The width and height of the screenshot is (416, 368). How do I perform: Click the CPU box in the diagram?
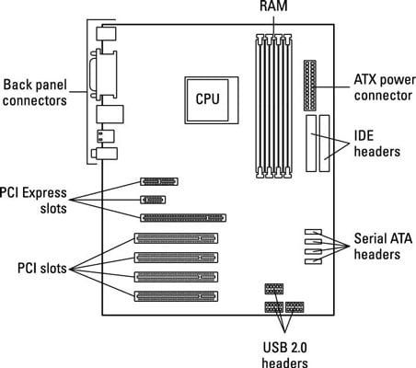212,100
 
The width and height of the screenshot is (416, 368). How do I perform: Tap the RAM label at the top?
273,6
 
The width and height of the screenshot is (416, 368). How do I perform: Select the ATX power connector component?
310,86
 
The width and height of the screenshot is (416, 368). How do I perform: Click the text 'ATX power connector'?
385,87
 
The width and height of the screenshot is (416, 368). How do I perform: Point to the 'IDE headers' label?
377,144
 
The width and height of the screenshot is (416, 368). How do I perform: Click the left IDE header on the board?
311,144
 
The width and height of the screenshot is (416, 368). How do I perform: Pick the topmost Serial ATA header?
313,232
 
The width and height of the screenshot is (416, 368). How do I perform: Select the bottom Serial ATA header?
313,261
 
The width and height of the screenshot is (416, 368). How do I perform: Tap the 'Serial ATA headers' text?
383,247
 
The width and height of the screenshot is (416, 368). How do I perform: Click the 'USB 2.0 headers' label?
284,355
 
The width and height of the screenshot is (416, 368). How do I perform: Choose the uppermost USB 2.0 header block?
274,289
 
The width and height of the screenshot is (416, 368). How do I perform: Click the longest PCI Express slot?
183,218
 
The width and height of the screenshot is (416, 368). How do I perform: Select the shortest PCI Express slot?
153,200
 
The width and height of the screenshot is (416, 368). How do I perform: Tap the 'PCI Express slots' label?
33,201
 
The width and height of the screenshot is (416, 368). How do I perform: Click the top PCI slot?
176,238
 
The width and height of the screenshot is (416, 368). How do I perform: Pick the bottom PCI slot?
176,296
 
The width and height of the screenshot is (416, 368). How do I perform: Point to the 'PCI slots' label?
42,269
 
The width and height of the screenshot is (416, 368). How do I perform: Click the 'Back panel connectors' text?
35,92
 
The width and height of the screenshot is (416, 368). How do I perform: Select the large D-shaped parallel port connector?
104,75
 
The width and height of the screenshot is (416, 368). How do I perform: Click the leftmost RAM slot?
260,106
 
